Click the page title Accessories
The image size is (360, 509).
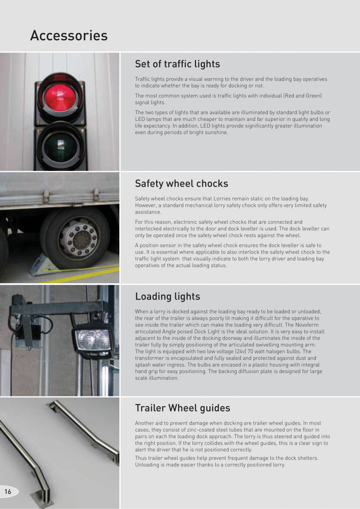coord(69,36)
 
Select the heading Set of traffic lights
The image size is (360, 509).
coord(177,64)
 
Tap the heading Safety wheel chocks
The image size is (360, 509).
coord(181,183)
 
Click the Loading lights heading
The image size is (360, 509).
coord(167,297)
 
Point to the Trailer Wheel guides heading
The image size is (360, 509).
coord(182,408)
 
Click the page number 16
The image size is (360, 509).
coord(8,492)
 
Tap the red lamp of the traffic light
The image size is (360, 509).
coord(59,96)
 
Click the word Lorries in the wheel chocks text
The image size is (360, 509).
coord(210,199)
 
